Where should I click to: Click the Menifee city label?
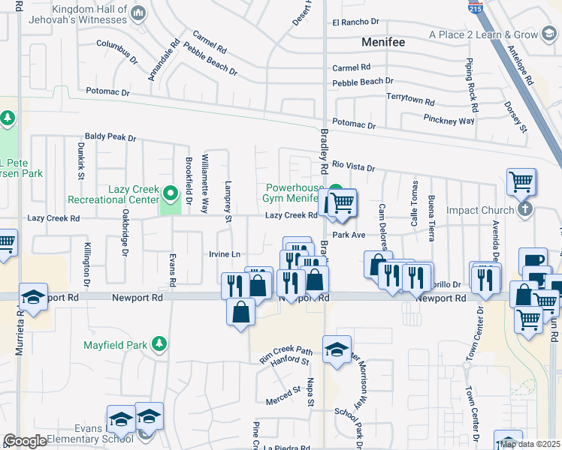tap(383, 42)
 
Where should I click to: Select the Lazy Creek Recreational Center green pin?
tap(171, 195)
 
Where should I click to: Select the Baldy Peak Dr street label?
tap(110, 138)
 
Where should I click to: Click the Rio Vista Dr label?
tap(353, 166)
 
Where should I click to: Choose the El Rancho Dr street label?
tap(358, 22)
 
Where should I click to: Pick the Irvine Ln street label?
tap(225, 254)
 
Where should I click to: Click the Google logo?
tap(24, 441)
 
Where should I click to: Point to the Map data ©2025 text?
tap(530, 444)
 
